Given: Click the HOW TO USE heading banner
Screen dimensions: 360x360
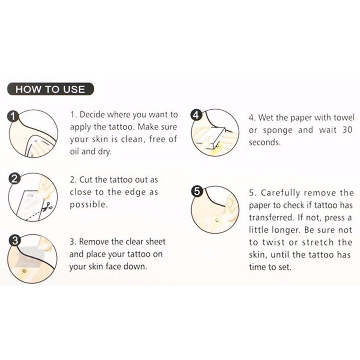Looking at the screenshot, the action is [51, 89].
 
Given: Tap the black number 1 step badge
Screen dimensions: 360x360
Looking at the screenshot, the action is [13, 116].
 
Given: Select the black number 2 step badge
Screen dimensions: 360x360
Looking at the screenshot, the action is [14, 179].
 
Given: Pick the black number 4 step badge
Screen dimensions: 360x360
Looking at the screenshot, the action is [196, 115].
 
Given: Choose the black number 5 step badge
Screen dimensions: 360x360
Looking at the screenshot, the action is [197, 191].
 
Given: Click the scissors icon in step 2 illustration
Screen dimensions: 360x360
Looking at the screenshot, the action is [48, 206].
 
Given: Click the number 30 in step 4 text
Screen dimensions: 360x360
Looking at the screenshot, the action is [347, 130].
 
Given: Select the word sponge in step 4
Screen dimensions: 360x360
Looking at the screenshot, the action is [278, 131].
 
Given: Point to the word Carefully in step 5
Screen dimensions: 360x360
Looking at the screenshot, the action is [280, 193].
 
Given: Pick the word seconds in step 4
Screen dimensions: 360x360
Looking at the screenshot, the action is [265, 143].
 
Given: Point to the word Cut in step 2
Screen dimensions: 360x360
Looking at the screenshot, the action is [86, 180].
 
